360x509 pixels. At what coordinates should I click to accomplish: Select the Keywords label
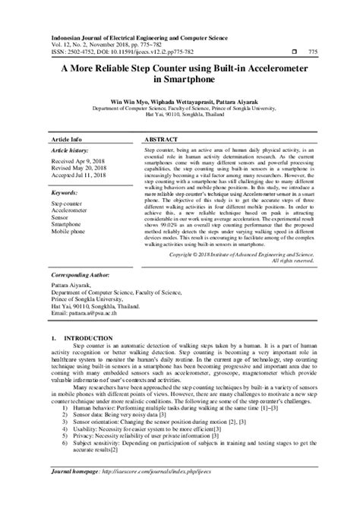(x=68, y=193)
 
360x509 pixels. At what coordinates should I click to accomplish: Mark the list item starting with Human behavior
(x=150, y=429)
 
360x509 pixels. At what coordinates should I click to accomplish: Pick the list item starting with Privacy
(x=143, y=459)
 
